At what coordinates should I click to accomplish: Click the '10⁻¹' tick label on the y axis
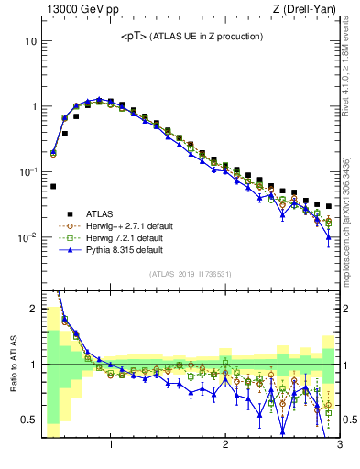[x=27, y=172]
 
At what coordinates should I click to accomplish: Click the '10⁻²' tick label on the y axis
[x=27, y=237]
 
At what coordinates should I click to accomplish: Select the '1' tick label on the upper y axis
[x=33, y=107]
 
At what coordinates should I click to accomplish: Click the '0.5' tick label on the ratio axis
[x=29, y=420]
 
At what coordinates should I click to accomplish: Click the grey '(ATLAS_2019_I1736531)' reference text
[x=190, y=274]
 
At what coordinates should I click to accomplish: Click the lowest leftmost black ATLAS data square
[x=53, y=186]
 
